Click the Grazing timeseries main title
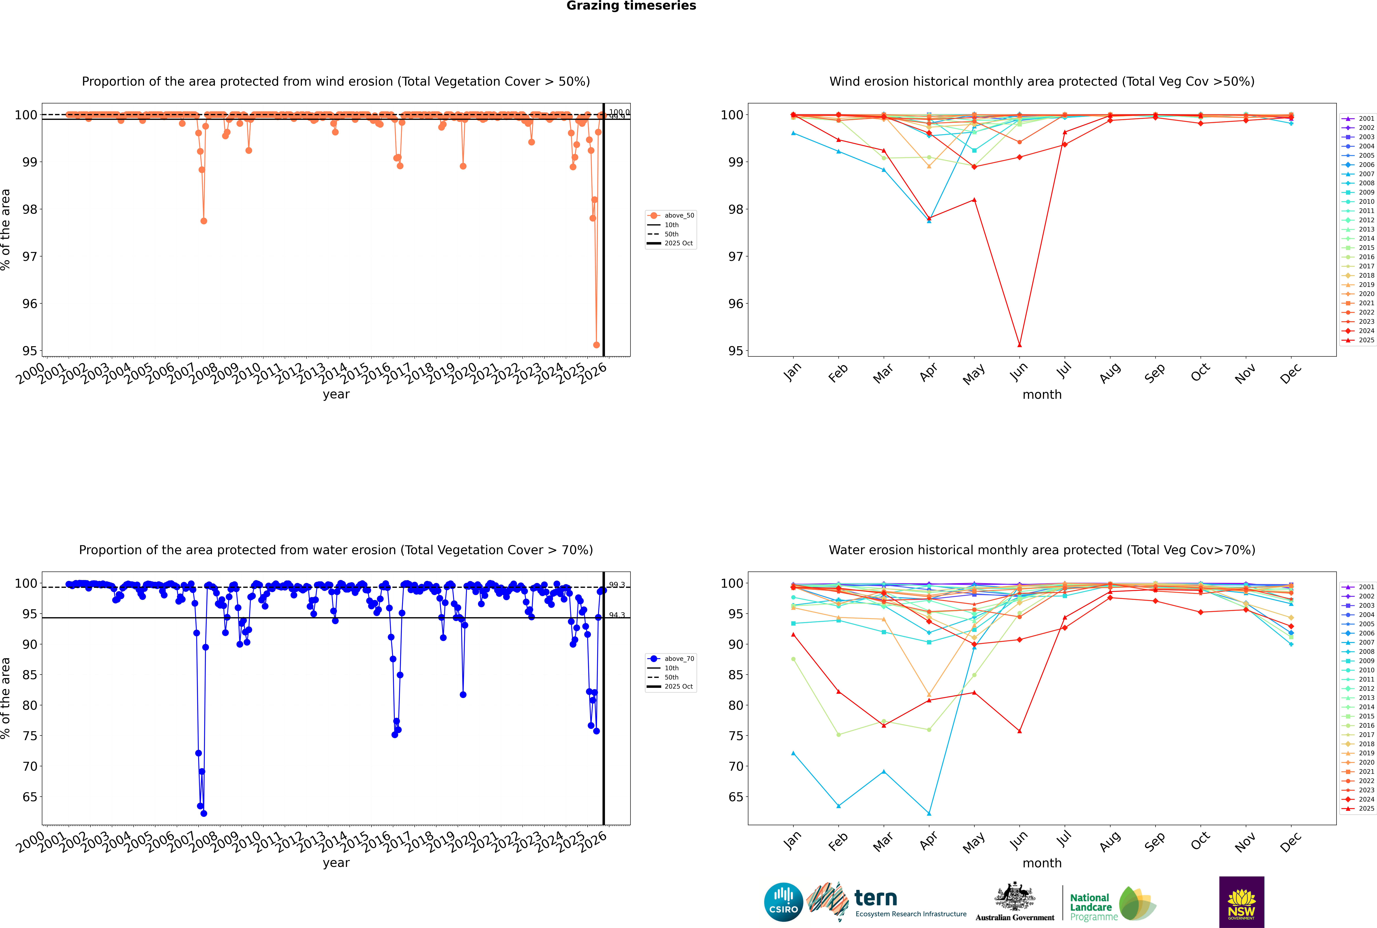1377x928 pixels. click(x=631, y=6)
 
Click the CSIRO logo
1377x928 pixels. click(x=783, y=903)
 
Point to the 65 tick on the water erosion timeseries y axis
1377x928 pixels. click(x=30, y=797)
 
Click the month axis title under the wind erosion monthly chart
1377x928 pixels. click(x=1042, y=395)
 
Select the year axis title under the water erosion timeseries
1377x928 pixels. click(x=336, y=863)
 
